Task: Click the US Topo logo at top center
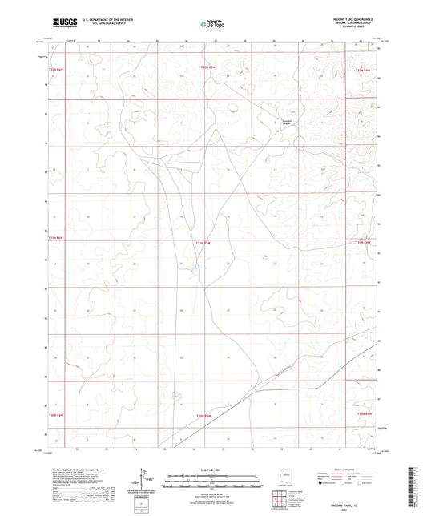(212, 24)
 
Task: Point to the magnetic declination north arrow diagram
(145, 479)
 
